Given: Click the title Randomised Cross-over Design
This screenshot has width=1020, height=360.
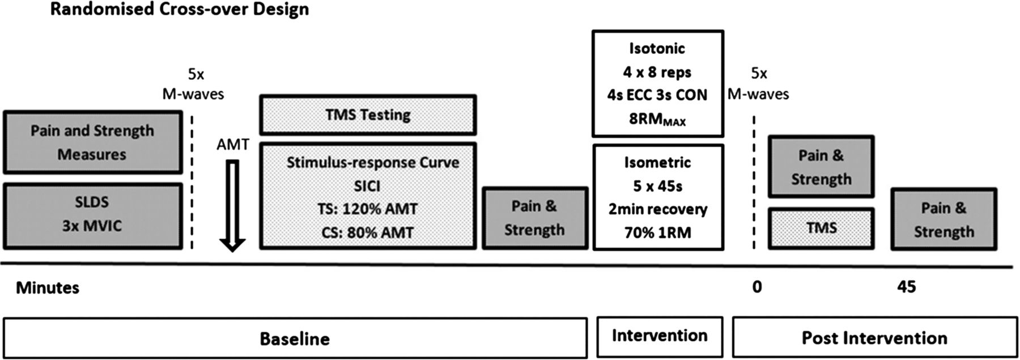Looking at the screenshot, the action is (x=180, y=9).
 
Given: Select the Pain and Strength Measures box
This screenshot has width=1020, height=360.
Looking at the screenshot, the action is (x=93, y=142).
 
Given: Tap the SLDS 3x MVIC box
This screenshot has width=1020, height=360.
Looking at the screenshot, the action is (x=93, y=216).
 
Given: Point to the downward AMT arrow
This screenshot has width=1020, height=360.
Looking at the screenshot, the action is (x=232, y=206).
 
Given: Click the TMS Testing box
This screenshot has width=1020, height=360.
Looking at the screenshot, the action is (x=368, y=115).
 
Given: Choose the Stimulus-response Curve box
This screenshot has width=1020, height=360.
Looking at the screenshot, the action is (x=368, y=196).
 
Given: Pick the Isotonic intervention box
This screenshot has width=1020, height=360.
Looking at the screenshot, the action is (x=658, y=83).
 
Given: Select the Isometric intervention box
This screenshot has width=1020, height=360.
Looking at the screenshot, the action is (x=658, y=197).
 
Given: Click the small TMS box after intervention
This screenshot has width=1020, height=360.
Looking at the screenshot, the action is (x=821, y=228).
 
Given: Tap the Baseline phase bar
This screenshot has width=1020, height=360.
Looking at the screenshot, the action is (x=295, y=338).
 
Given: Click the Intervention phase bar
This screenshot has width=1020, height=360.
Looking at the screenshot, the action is (x=660, y=337).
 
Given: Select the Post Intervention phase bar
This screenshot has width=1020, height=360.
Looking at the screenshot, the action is (x=874, y=338).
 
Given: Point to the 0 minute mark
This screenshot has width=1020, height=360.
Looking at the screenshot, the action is (x=757, y=287).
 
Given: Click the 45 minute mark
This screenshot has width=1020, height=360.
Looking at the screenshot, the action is (x=907, y=287).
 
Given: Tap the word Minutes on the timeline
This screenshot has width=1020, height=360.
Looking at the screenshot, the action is (x=48, y=288).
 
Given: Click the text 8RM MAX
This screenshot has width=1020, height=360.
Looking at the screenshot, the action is (x=657, y=120).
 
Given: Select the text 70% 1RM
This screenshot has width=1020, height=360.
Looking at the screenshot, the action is (x=658, y=232).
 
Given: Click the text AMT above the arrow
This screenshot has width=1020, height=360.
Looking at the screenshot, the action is (x=232, y=145).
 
